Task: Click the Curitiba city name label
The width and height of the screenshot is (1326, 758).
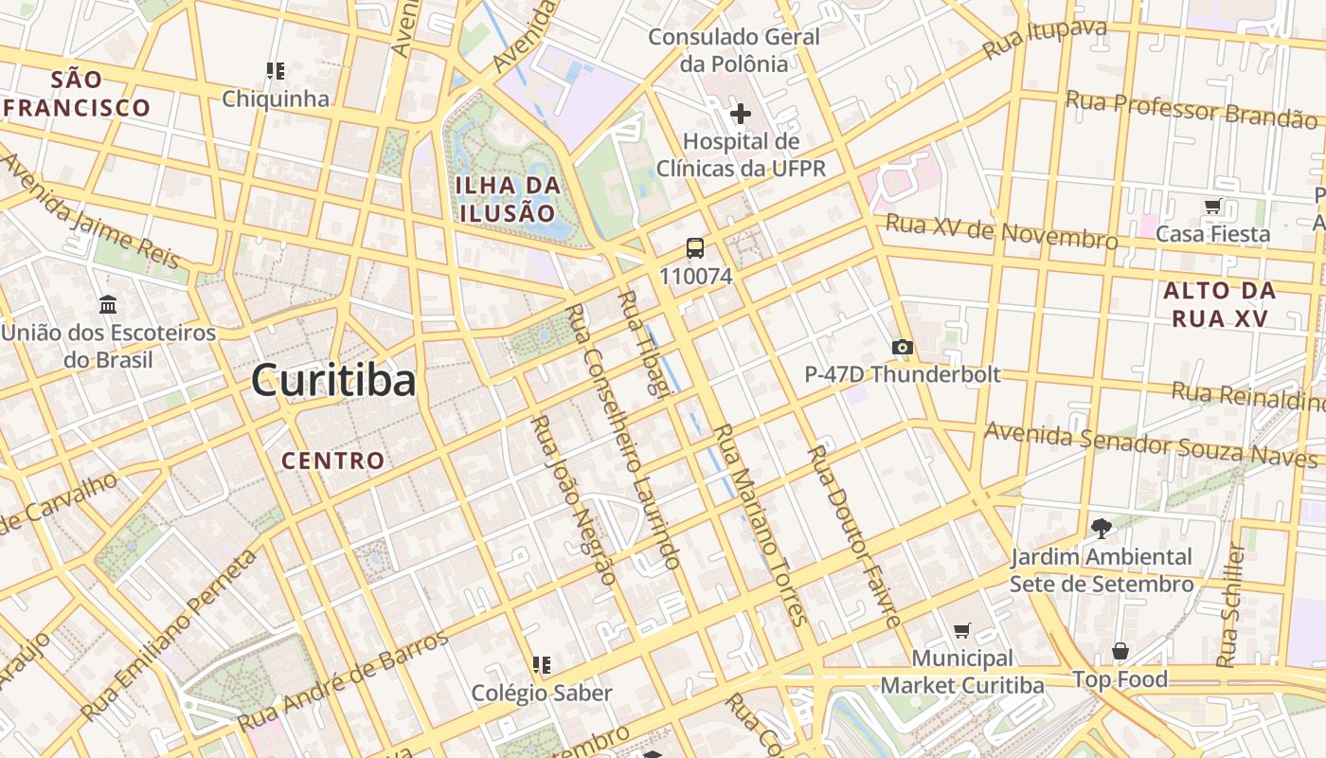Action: (333, 381)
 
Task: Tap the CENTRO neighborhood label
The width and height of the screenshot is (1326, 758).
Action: (333, 461)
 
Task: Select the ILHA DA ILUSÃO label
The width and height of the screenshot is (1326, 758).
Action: (508, 199)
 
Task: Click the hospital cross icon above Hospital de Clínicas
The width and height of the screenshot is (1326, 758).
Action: (741, 115)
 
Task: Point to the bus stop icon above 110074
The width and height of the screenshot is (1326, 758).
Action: (695, 249)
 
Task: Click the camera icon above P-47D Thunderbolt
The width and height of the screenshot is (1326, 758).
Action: (903, 348)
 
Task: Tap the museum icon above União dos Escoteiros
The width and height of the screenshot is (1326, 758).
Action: (108, 305)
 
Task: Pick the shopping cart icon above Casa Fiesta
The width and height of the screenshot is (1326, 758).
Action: (1212, 207)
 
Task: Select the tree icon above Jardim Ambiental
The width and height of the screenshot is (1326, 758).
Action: (1101, 529)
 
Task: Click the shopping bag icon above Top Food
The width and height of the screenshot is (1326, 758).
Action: (1120, 652)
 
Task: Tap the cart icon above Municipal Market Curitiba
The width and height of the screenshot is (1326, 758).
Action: (962, 630)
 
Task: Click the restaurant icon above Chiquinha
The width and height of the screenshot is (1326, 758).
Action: (276, 71)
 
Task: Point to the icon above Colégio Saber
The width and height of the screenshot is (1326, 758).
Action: (542, 665)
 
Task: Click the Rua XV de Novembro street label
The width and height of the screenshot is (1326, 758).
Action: (1001, 232)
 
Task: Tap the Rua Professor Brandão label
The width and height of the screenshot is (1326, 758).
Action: (1191, 109)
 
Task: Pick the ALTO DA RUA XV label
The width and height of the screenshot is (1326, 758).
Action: (1219, 304)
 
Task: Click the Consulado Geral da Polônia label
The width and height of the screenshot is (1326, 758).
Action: (734, 50)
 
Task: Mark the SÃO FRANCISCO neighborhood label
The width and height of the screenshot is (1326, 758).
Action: (78, 93)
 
